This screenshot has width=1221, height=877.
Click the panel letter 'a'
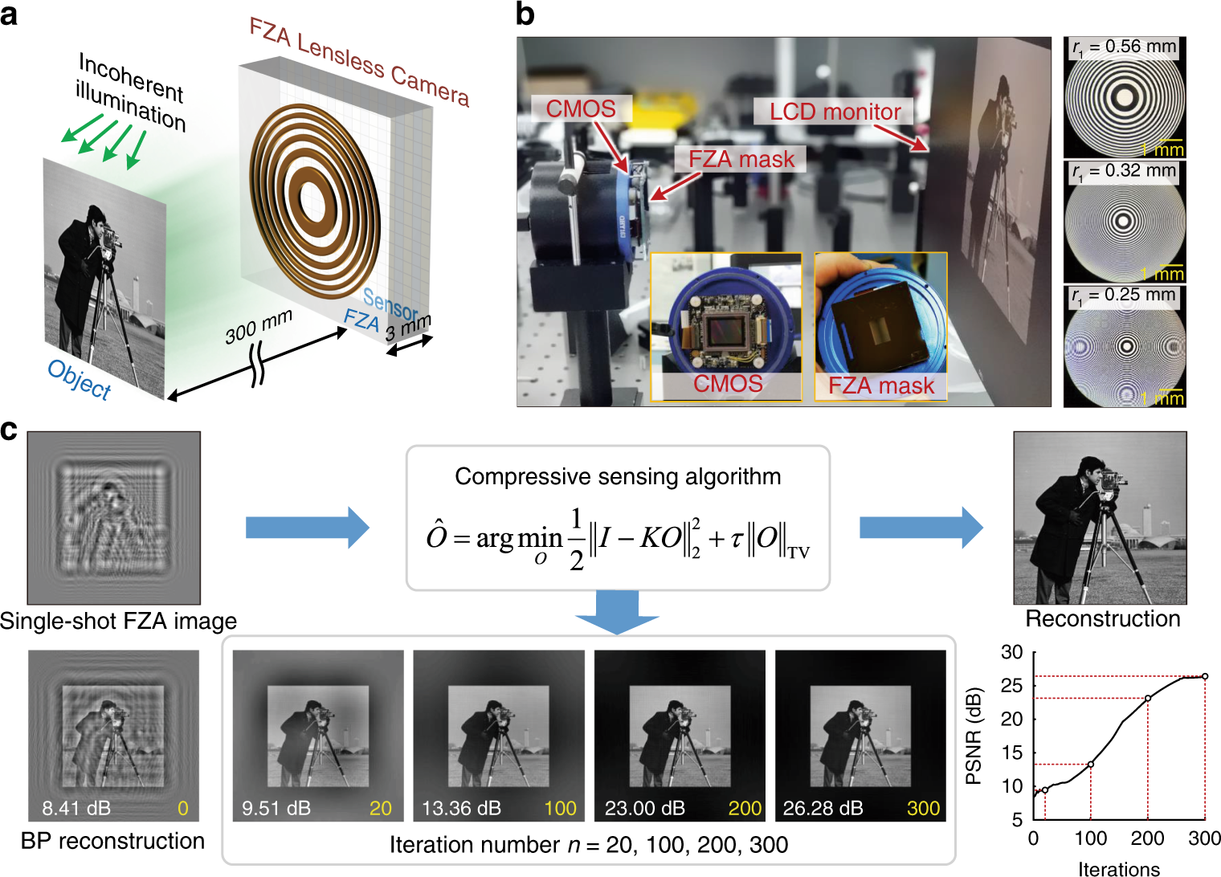coord(10,14)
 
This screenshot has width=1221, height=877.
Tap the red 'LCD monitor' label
coord(835,112)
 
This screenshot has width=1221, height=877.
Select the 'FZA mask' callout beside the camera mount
coord(741,159)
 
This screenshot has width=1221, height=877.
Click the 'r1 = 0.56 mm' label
coord(1124,47)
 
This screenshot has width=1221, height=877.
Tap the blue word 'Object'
coord(79,379)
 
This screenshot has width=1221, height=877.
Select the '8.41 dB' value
coord(76,808)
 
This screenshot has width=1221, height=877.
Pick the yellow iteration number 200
coord(745,808)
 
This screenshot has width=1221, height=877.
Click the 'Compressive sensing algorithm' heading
coord(618,476)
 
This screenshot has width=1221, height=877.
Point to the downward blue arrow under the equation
coord(617,612)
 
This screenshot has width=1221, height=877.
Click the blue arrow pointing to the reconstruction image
coord(921,527)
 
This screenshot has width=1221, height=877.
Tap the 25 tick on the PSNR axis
coord(1012,685)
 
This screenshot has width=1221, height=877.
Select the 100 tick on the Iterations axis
coord(1090,839)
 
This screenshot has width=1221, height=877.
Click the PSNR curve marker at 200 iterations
coord(1148,698)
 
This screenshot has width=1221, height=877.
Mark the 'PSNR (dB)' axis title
coord(974,736)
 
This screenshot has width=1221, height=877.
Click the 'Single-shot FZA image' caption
coord(118,621)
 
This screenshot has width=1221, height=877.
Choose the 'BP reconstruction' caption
coord(112,841)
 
